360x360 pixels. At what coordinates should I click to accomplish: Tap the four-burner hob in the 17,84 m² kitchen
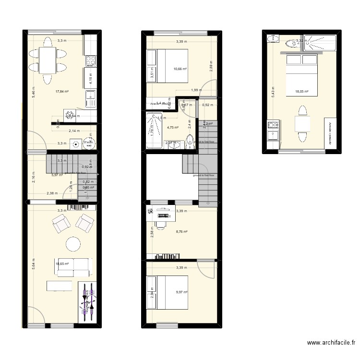click(90, 61)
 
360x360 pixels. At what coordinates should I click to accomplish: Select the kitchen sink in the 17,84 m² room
click(90, 100)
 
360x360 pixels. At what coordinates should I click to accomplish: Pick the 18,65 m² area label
click(62, 264)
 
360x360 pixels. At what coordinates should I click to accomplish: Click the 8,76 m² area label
click(181, 232)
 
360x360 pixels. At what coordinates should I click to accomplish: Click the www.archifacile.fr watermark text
click(331, 343)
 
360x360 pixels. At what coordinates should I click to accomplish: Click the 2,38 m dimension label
click(52, 193)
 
